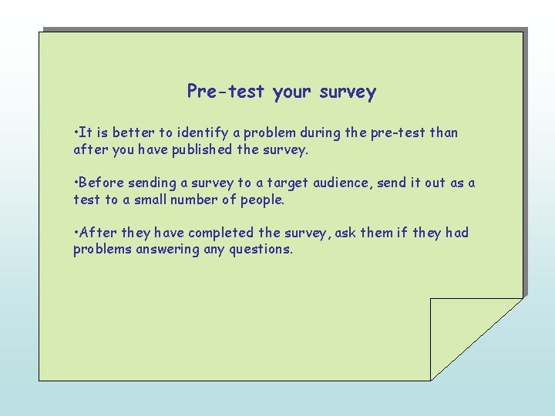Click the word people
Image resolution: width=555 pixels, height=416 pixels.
pos(263,200)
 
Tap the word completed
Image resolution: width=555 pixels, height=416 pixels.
pos(224,233)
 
